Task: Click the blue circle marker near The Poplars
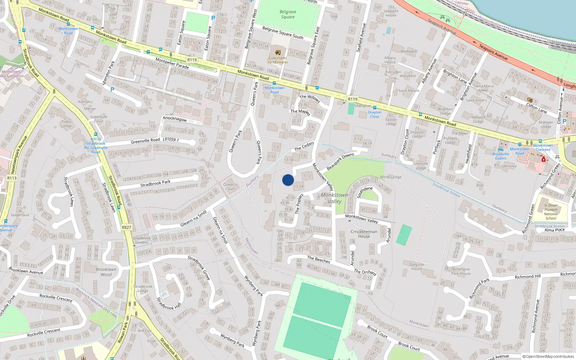coord(288,180)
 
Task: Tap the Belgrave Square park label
coord(288,14)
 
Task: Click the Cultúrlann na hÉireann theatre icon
coord(278,52)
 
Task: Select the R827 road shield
coord(126,227)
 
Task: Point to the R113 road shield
coord(12,178)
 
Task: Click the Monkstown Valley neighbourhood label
coord(334,198)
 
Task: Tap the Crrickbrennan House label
coord(364,234)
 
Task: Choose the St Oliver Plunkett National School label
coord(550,212)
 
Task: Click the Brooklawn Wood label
coord(106,272)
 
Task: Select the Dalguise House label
coord(417,266)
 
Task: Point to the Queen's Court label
coord(230,186)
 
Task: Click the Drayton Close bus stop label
coord(374,114)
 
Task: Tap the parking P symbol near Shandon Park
coord(112,90)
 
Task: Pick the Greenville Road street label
coord(145,141)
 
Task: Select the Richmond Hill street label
coord(527,276)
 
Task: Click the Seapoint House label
coord(391,11)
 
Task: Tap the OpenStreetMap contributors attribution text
coord(548,356)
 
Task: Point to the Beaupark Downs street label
coord(340,162)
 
